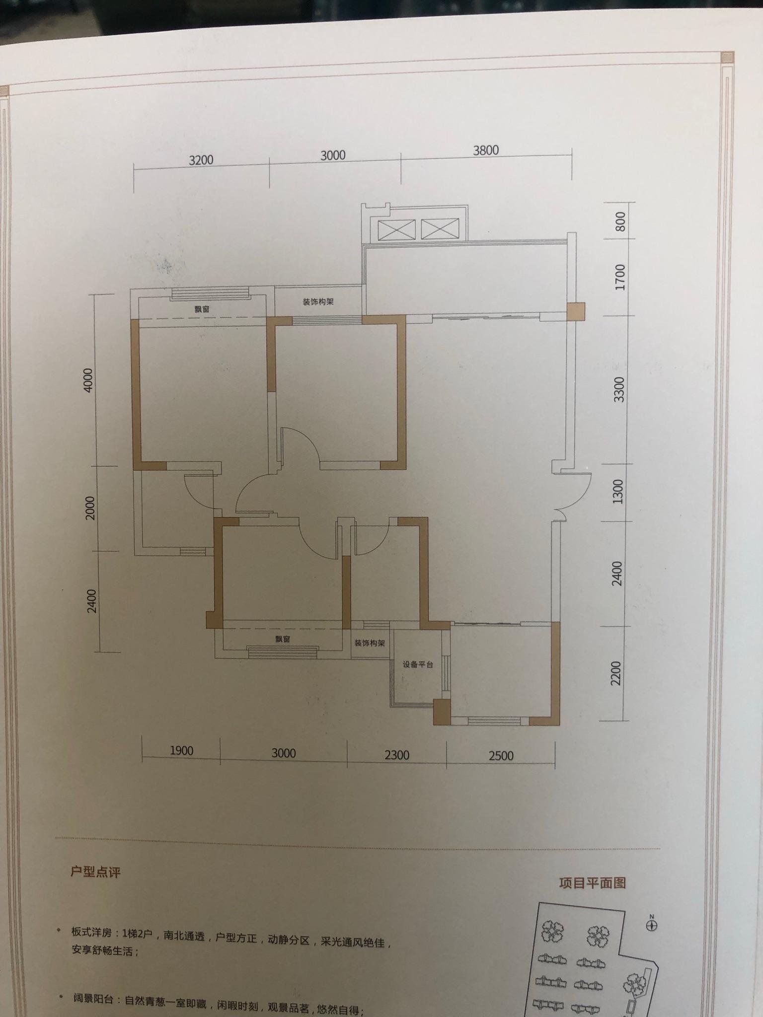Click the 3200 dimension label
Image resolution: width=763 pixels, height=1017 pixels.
pos(201,160)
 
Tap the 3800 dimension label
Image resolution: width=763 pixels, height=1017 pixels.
pos(486,150)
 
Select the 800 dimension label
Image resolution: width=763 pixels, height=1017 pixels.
pos(620,222)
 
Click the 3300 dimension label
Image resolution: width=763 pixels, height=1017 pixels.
pos(619,390)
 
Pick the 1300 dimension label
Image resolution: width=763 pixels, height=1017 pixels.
pos(617,492)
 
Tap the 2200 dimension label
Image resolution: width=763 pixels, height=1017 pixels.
pos(616,673)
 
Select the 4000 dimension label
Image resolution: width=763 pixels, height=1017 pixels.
pos(88,380)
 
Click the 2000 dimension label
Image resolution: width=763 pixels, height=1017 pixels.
pos(90,508)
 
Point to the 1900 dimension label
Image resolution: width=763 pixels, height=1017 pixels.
pos(181,750)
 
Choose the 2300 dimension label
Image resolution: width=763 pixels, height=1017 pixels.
pos(397,755)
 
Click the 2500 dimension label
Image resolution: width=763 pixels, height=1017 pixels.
pos(501,756)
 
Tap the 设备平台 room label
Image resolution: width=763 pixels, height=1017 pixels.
pos(418,664)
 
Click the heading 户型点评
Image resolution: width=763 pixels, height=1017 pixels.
pos(95,872)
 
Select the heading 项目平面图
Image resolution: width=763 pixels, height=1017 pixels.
pos(592,883)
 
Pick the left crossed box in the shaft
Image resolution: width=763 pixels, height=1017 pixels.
pos(396,230)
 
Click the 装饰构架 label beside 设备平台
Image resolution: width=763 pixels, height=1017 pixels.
pos(370,643)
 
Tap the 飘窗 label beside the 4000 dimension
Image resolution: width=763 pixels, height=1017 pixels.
pos(202,309)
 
